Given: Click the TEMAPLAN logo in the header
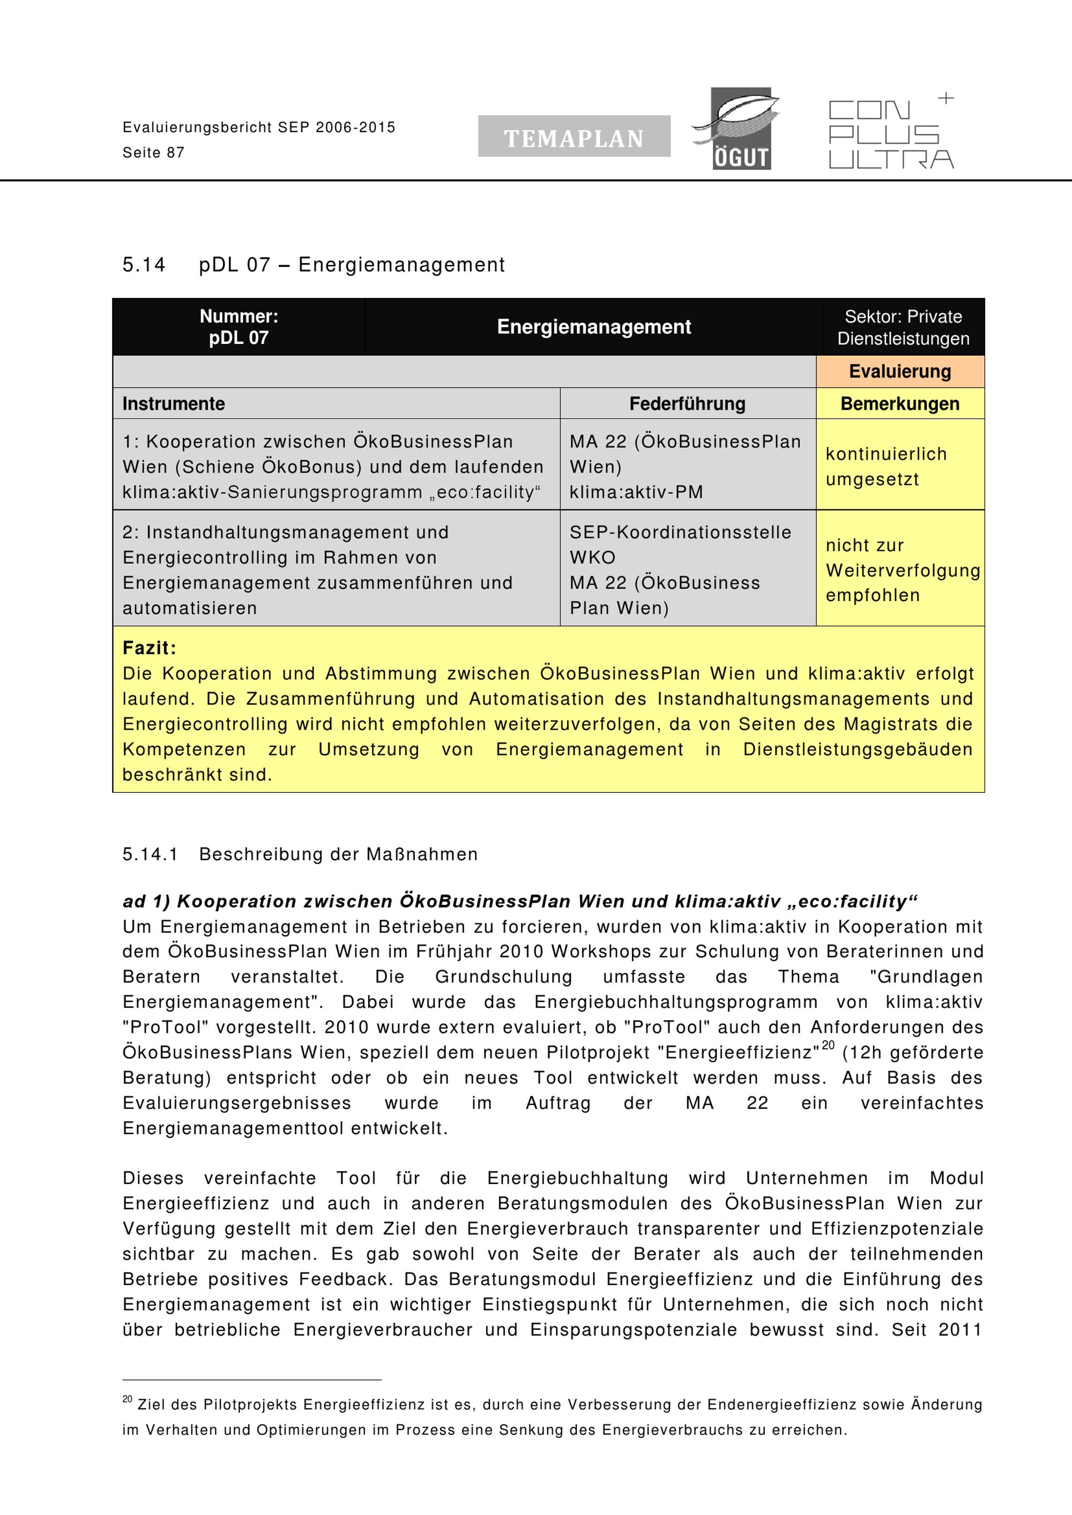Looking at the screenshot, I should (x=574, y=137).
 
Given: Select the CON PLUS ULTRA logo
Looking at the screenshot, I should (x=890, y=133).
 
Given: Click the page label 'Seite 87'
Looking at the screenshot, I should (x=153, y=153).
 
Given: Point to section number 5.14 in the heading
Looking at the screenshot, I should (x=143, y=265).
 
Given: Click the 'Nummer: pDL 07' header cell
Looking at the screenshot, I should (x=239, y=327).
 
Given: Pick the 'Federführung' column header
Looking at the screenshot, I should (x=687, y=403).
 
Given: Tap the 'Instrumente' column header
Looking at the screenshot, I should (x=174, y=403).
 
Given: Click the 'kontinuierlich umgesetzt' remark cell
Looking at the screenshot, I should (x=886, y=466).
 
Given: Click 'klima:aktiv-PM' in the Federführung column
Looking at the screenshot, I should (x=636, y=492).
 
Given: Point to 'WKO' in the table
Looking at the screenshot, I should (x=592, y=557).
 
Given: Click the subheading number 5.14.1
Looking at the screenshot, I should (x=150, y=854).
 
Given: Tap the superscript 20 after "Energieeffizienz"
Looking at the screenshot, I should (x=828, y=1045).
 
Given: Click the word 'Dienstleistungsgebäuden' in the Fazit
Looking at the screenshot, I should (x=857, y=749).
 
